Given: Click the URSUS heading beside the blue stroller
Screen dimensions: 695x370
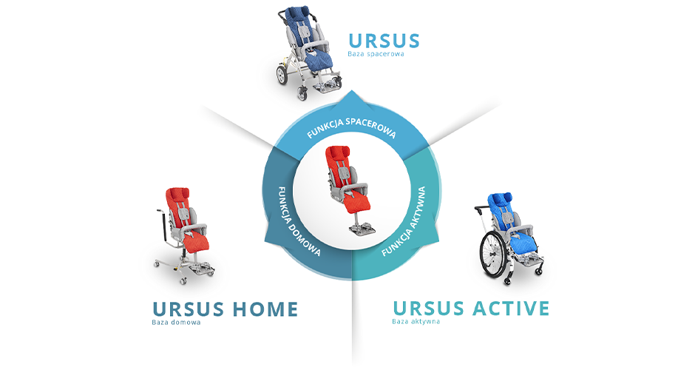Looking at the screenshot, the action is click(x=384, y=41).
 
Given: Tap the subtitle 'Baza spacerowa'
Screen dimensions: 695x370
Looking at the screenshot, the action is click(x=376, y=54).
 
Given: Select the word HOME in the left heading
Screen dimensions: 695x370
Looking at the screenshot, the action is click(x=265, y=309).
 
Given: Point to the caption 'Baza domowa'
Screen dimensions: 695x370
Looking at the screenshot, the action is click(x=176, y=322).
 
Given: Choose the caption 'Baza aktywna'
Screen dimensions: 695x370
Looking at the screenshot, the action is click(x=416, y=321).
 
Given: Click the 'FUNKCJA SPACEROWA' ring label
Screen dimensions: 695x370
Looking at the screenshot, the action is click(x=351, y=128).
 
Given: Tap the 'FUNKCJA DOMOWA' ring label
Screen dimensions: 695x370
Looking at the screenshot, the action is click(x=299, y=221).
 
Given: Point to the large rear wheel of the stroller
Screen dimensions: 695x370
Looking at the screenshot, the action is click(x=282, y=75).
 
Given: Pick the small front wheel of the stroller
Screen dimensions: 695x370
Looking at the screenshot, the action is click(x=302, y=93).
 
